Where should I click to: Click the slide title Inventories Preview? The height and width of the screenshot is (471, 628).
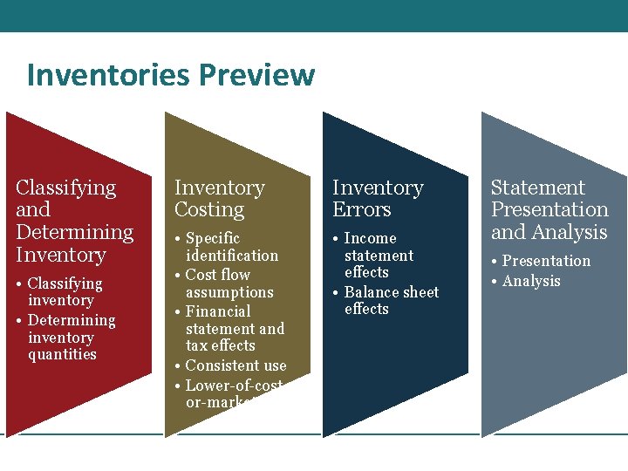point(170,75)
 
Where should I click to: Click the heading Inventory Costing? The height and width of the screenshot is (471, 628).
point(219,199)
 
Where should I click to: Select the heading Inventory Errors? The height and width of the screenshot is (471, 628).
point(378,199)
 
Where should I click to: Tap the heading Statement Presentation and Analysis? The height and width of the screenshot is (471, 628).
point(549,209)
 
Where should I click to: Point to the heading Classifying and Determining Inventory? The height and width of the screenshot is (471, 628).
point(74,221)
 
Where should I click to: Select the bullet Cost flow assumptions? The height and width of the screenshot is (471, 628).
point(229,283)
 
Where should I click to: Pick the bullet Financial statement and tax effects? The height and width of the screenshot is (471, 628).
point(234,328)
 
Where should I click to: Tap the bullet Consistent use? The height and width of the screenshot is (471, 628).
point(235,366)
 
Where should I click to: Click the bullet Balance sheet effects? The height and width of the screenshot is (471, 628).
point(391,300)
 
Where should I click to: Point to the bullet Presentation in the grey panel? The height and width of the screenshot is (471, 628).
point(546,261)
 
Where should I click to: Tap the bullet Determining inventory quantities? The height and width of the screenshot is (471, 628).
point(71,337)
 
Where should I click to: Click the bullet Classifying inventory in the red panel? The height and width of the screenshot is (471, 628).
point(65,291)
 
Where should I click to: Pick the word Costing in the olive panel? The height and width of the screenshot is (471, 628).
point(209,210)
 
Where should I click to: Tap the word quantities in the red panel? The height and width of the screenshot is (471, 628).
point(62,354)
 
